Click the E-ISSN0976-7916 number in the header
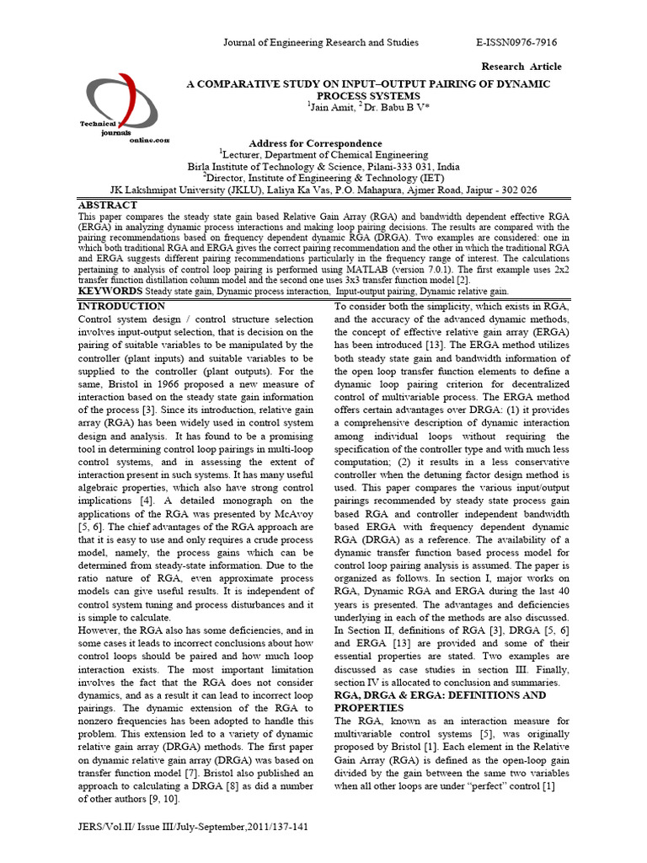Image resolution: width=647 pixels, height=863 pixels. click(516, 42)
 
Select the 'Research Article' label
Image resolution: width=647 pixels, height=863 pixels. click(521, 67)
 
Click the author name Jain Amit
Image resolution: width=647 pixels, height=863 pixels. click(332, 109)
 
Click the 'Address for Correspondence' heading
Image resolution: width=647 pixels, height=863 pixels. click(323, 144)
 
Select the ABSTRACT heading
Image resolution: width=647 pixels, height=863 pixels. click(108, 205)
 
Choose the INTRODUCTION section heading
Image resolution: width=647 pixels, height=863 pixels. click(121, 306)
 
